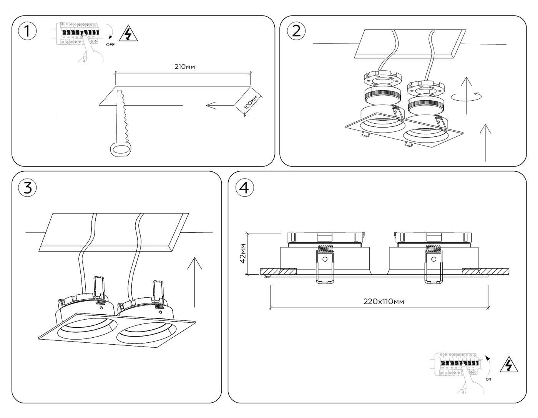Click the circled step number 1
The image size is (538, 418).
coord(27,31)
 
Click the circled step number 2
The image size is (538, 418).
coord(296,31)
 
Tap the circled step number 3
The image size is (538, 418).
coord(27,187)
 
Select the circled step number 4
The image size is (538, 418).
coord(244,187)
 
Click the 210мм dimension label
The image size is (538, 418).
coord(184,67)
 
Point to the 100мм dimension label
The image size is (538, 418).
coord(252,103)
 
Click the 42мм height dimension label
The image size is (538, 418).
coord(242,253)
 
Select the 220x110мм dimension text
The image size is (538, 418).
coord(384,302)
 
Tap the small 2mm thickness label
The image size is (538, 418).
coord(267,276)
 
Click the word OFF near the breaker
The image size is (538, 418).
coord(110,45)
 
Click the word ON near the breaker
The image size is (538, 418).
coord(488,379)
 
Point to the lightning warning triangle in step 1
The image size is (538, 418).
coord(128,34)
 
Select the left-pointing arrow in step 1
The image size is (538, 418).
coord(216,105)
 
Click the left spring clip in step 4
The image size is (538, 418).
coord(325,265)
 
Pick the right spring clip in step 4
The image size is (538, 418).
coord(433,265)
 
